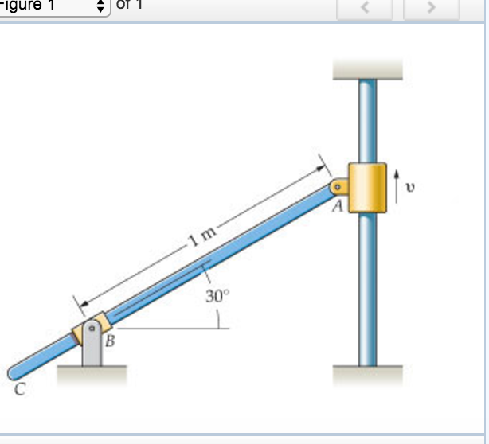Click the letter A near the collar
click(337, 208)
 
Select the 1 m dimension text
click(202, 236)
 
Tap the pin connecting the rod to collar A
click(337, 187)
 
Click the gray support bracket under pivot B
click(93, 350)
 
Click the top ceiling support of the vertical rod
click(367, 69)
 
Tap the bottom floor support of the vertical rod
click(367, 374)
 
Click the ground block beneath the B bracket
click(92, 374)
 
